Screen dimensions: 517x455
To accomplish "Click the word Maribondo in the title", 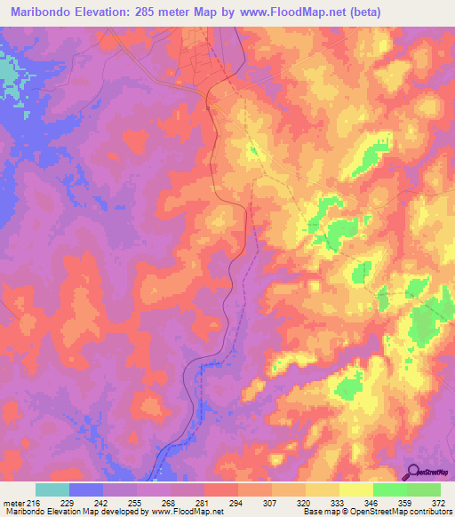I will click(41, 11).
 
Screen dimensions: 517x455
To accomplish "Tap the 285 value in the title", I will click(150, 11).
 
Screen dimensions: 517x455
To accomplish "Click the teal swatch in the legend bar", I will click(52, 489).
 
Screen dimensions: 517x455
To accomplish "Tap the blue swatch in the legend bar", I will click(86, 489).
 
